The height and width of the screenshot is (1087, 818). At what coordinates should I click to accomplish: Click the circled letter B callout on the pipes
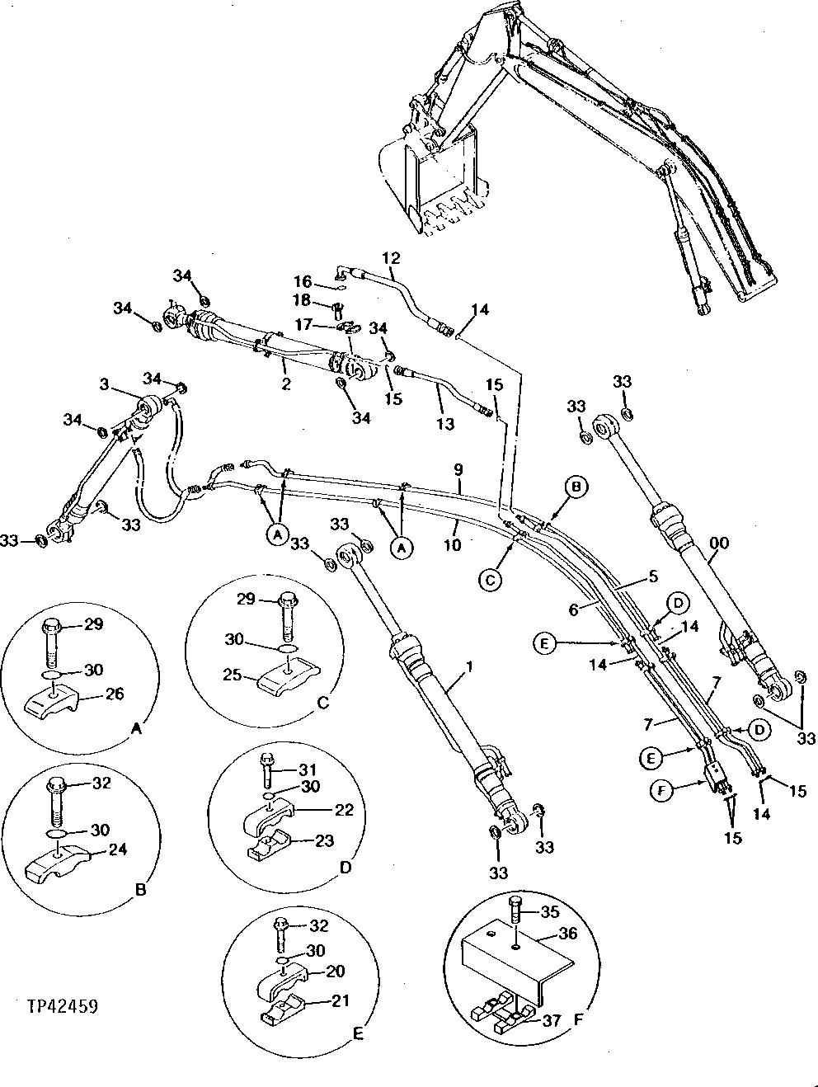[x=576, y=488]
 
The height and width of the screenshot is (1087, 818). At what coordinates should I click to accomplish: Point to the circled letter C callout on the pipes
[x=489, y=580]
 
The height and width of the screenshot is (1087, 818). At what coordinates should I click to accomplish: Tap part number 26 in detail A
[x=115, y=694]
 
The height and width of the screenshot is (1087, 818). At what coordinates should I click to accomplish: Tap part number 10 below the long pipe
[x=452, y=545]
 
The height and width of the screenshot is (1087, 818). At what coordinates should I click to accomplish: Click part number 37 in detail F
[x=552, y=1020]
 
